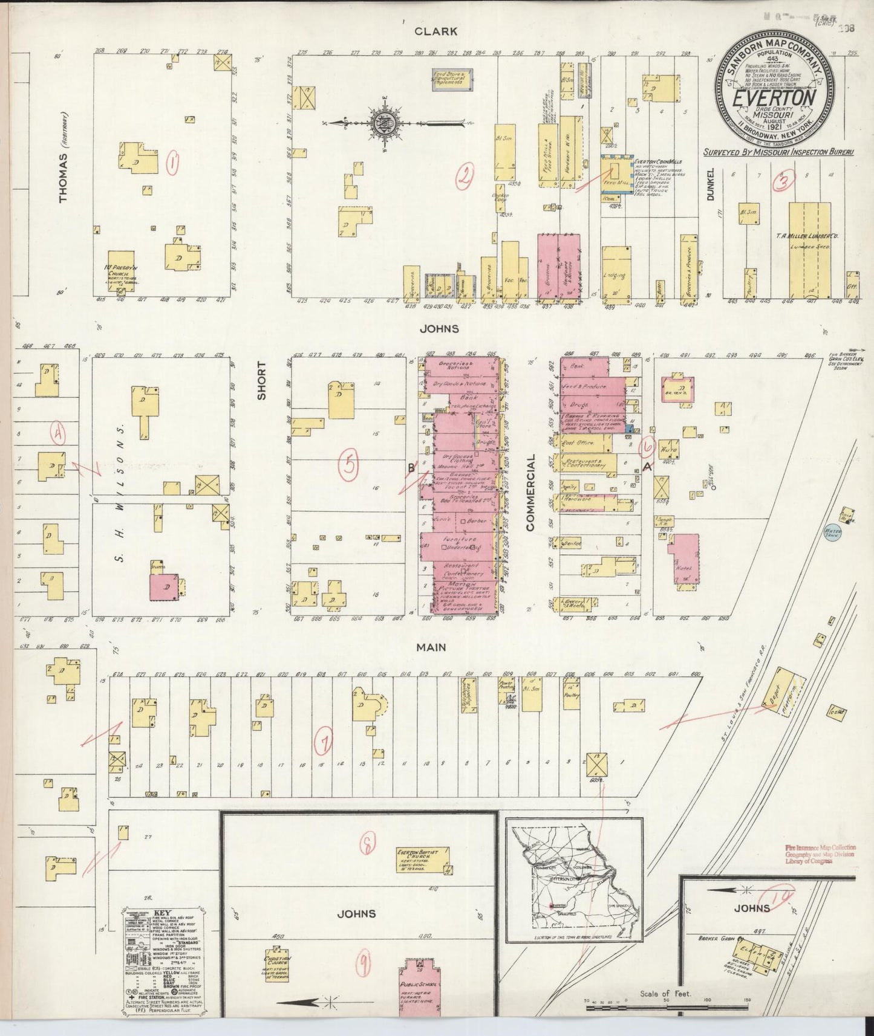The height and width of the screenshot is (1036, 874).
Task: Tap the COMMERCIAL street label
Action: (x=531, y=493)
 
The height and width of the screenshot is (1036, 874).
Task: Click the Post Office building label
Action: (x=578, y=443)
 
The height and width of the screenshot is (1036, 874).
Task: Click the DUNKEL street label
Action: (x=710, y=185)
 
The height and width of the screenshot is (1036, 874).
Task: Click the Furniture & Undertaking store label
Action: (x=460, y=542)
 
